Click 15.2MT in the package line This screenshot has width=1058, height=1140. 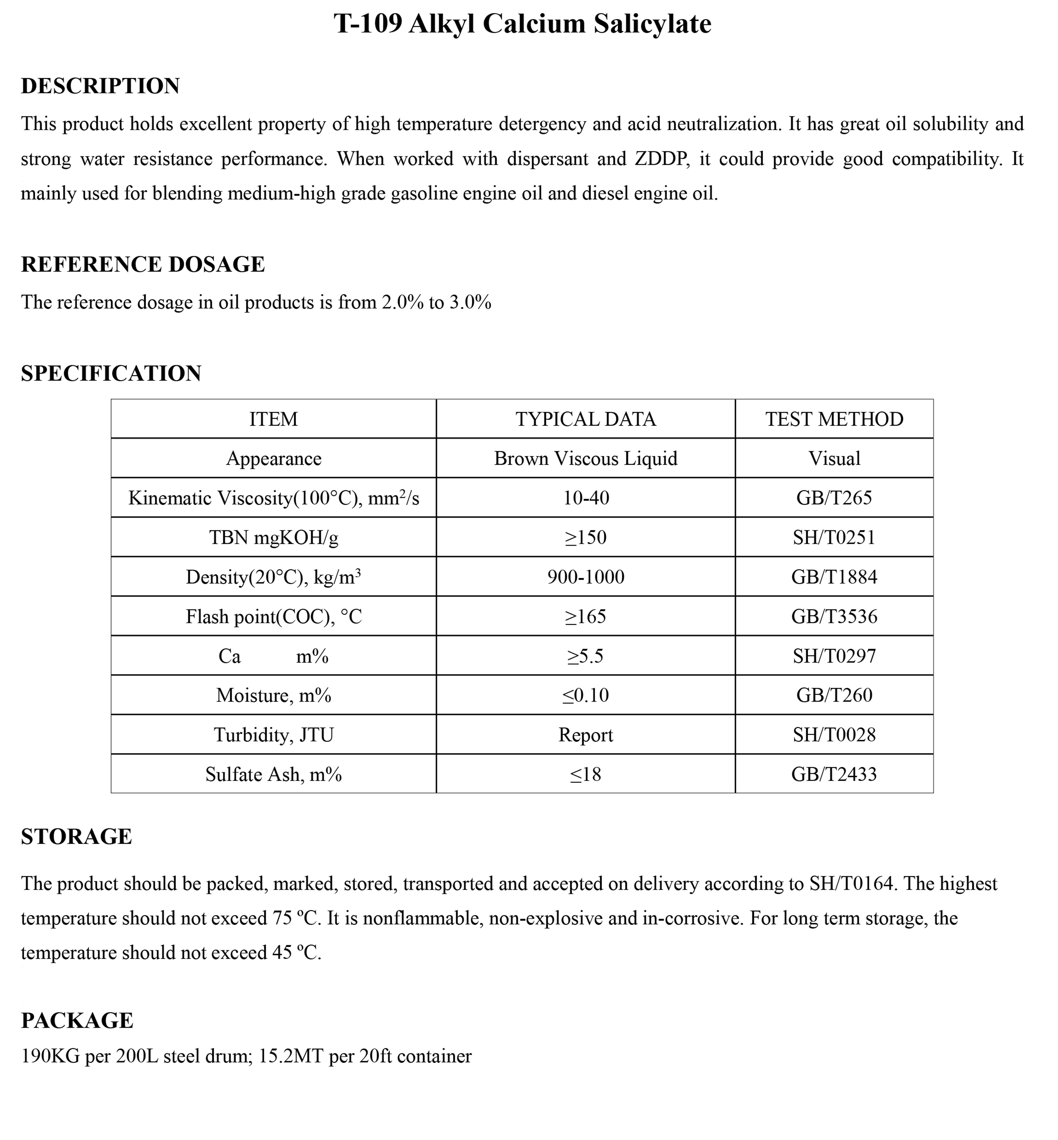[290, 1056]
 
